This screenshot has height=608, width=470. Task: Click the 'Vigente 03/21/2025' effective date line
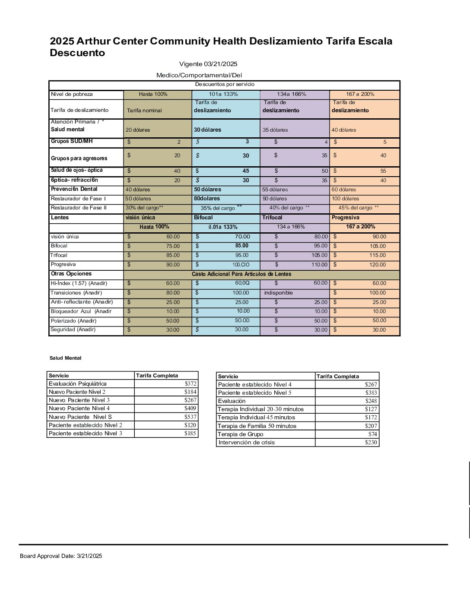(x=208, y=64)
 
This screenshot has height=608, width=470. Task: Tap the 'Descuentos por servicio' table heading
(x=225, y=85)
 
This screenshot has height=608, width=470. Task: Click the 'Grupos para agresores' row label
(x=79, y=158)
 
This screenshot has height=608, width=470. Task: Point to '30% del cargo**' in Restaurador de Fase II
(x=144, y=208)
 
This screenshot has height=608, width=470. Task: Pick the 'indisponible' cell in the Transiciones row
(x=279, y=293)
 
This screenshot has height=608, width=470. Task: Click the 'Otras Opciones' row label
(x=71, y=274)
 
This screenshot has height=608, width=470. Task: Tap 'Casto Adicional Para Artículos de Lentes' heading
(x=241, y=274)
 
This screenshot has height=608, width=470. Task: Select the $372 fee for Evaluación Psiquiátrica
(x=191, y=383)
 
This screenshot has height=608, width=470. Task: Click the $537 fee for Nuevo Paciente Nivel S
(x=191, y=417)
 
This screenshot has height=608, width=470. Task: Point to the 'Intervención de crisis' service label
(x=247, y=443)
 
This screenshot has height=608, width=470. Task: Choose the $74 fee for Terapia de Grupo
(x=372, y=434)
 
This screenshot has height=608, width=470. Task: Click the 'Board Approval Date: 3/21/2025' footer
(x=61, y=556)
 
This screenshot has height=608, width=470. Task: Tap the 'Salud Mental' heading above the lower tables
(x=65, y=358)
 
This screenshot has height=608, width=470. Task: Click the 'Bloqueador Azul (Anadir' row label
(x=81, y=311)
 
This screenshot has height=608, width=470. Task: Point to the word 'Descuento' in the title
(x=77, y=53)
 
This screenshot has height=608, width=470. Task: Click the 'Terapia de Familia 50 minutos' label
(x=257, y=426)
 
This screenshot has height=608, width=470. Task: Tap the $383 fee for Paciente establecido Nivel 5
(x=371, y=393)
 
